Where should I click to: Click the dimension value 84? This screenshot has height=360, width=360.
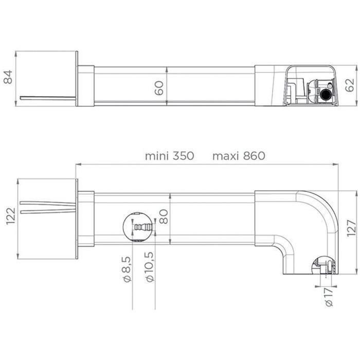pos(8,78)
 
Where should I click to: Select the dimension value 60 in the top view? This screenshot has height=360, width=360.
pos(159,88)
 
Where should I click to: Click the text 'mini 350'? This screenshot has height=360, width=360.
pos(169,156)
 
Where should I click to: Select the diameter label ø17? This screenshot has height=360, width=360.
pos(329,297)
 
